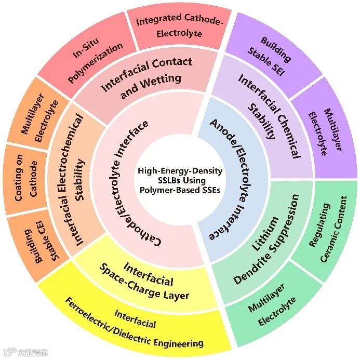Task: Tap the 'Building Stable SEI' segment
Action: (x=276, y=55)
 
